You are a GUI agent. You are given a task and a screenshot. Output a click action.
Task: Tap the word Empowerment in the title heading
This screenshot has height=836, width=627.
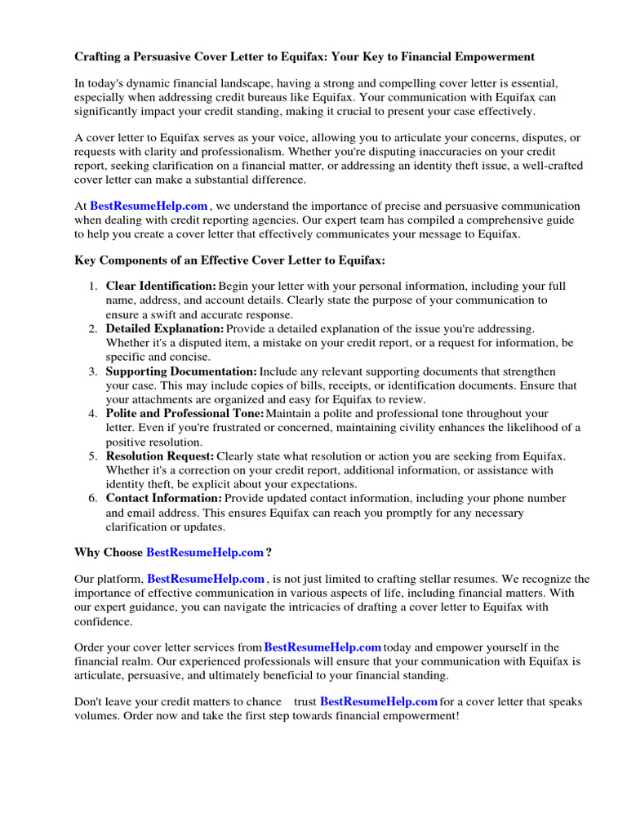pos(487,57)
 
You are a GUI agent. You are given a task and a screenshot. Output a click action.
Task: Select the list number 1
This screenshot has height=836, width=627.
pos(92,287)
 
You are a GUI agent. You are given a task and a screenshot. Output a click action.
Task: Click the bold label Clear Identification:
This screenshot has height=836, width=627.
pos(161,287)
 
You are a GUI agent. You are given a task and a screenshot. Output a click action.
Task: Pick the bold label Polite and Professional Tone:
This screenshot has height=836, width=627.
pos(185,414)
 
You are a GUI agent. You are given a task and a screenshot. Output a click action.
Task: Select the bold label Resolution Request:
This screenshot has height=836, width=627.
pos(160,456)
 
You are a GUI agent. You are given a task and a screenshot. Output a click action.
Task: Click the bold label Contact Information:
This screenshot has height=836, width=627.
pos(163,498)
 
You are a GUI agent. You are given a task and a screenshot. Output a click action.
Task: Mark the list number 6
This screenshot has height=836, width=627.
pos(92,498)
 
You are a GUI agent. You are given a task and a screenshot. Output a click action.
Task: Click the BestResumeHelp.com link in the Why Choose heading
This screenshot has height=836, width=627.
pos(205,553)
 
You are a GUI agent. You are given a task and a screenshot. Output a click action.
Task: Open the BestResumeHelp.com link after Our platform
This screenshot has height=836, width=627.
pos(206,579)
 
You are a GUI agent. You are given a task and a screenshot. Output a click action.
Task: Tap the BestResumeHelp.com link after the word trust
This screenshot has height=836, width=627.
pos(379,702)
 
